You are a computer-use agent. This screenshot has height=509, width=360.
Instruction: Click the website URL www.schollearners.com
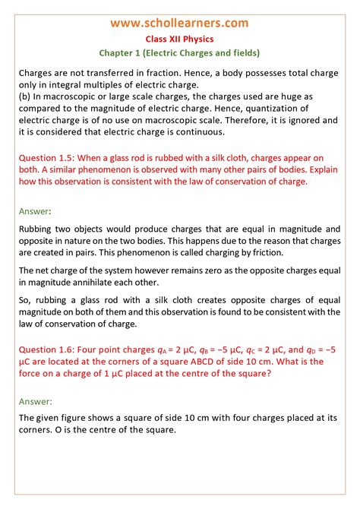click(x=179, y=24)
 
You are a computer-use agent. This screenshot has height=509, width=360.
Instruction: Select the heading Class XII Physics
click(x=179, y=39)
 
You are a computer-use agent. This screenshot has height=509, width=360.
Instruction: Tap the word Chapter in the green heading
click(x=120, y=53)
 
